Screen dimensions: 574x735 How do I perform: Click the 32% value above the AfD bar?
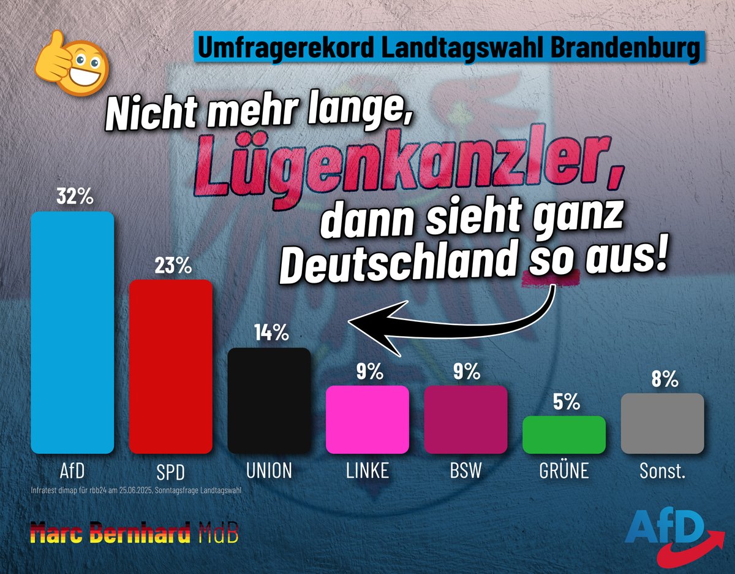[x=74, y=197]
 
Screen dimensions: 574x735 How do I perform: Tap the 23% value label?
[x=173, y=266]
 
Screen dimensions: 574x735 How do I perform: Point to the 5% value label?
[x=564, y=402]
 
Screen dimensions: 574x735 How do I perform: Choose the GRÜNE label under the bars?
[x=563, y=471]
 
